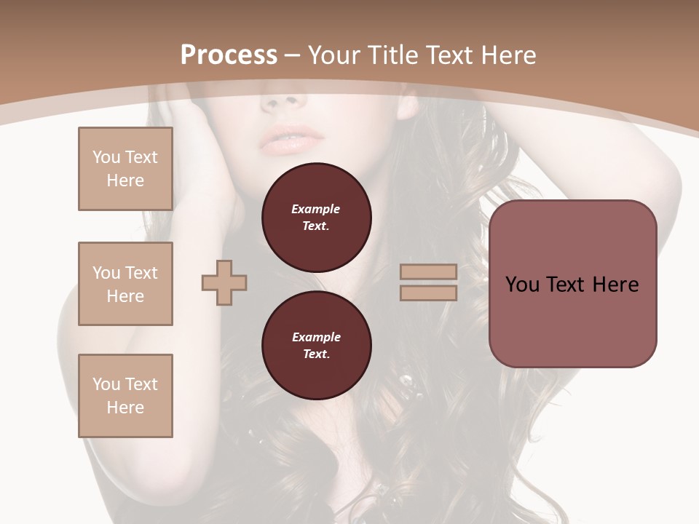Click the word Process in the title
pos(229,55)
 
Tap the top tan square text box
pos(125,169)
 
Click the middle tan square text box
pos(125,284)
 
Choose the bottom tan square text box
pos(125,396)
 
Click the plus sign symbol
pos(224,282)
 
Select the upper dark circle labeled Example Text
pos(317,218)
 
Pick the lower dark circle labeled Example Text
pos(317,346)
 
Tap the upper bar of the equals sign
pos(428,271)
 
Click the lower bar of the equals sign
pos(428,293)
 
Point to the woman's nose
pos(286,99)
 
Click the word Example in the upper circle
pos(316,209)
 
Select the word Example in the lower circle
pos(316,337)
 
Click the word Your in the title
pos(332,55)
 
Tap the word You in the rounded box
pos(522,285)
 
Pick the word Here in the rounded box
pos(616,285)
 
